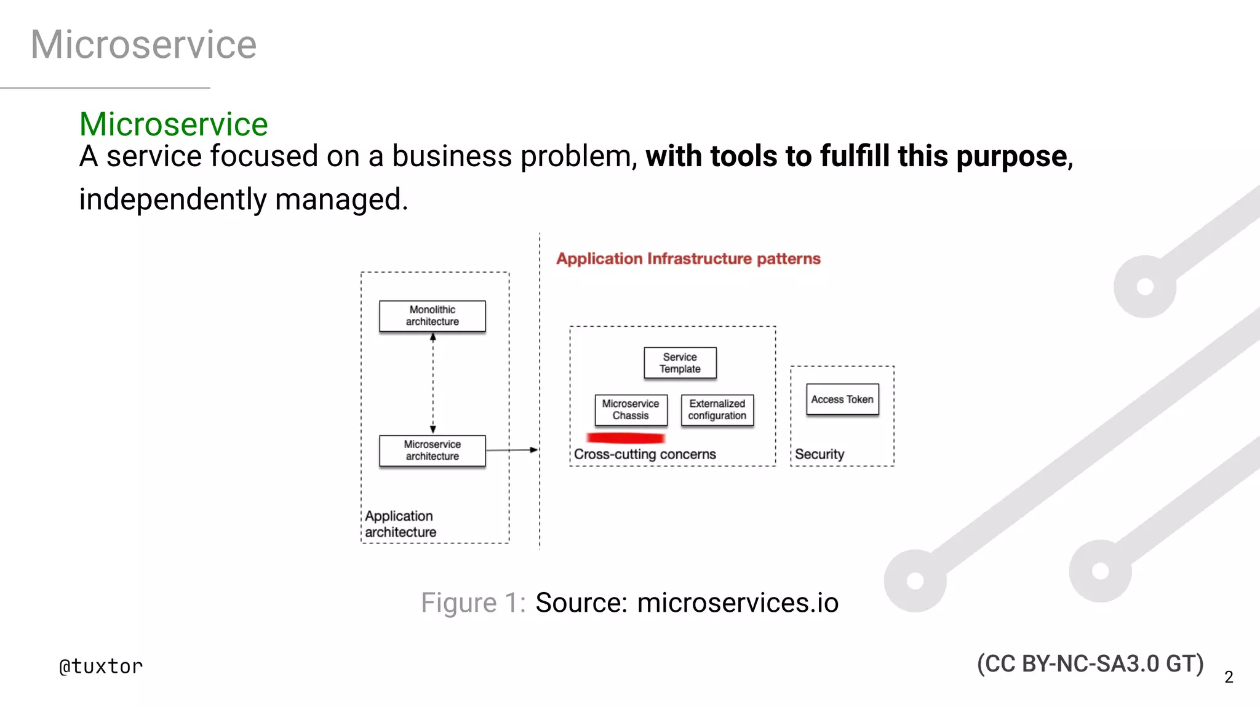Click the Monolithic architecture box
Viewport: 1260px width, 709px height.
point(432,316)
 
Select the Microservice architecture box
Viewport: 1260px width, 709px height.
point(432,451)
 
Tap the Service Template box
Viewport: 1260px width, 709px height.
point(680,363)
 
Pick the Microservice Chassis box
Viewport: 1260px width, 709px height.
point(631,410)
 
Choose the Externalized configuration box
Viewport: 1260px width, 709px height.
point(717,410)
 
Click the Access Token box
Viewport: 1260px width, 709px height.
point(842,399)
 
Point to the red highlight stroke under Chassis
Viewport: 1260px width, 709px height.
point(626,438)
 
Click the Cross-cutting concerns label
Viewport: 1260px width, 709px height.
point(645,454)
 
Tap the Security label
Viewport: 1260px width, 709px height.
point(819,454)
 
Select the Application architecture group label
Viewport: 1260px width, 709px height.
point(400,524)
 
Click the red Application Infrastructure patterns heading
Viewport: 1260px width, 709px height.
point(688,258)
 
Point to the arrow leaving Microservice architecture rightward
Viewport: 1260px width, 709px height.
point(512,450)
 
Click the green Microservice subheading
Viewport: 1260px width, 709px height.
point(173,124)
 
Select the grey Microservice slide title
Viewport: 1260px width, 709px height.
point(143,44)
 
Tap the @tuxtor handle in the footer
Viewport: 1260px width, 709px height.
point(101,667)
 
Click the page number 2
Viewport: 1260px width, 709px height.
point(1229,677)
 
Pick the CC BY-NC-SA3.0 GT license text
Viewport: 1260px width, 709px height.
point(1090,664)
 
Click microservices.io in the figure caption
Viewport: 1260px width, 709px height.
point(738,603)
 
